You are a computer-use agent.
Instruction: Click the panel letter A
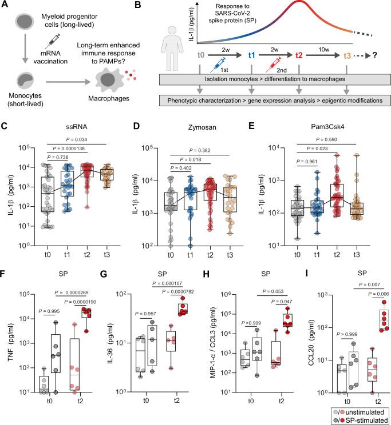5,6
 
